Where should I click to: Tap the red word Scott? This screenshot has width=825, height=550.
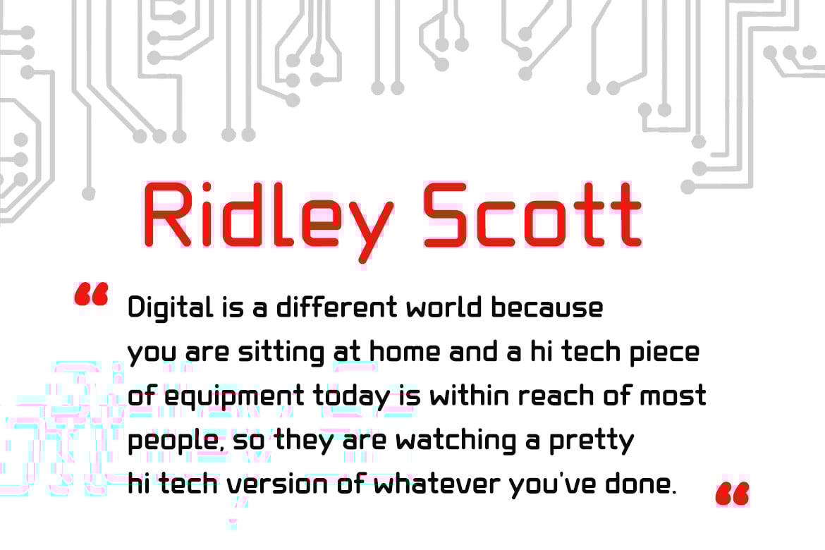[x=532, y=215]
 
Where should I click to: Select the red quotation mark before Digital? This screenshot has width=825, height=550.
[x=91, y=294]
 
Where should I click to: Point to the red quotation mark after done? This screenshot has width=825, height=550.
[x=732, y=494]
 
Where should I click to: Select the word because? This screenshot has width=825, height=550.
[x=547, y=307]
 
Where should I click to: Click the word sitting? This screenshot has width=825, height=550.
[x=281, y=353]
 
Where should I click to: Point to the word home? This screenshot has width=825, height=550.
[x=405, y=352]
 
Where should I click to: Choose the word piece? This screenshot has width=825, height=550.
[x=665, y=353]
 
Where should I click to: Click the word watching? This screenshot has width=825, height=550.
[x=456, y=441]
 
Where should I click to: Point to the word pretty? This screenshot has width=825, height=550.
[x=592, y=441]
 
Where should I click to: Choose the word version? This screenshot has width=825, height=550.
[x=277, y=484]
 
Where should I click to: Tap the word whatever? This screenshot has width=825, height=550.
[x=437, y=484]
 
